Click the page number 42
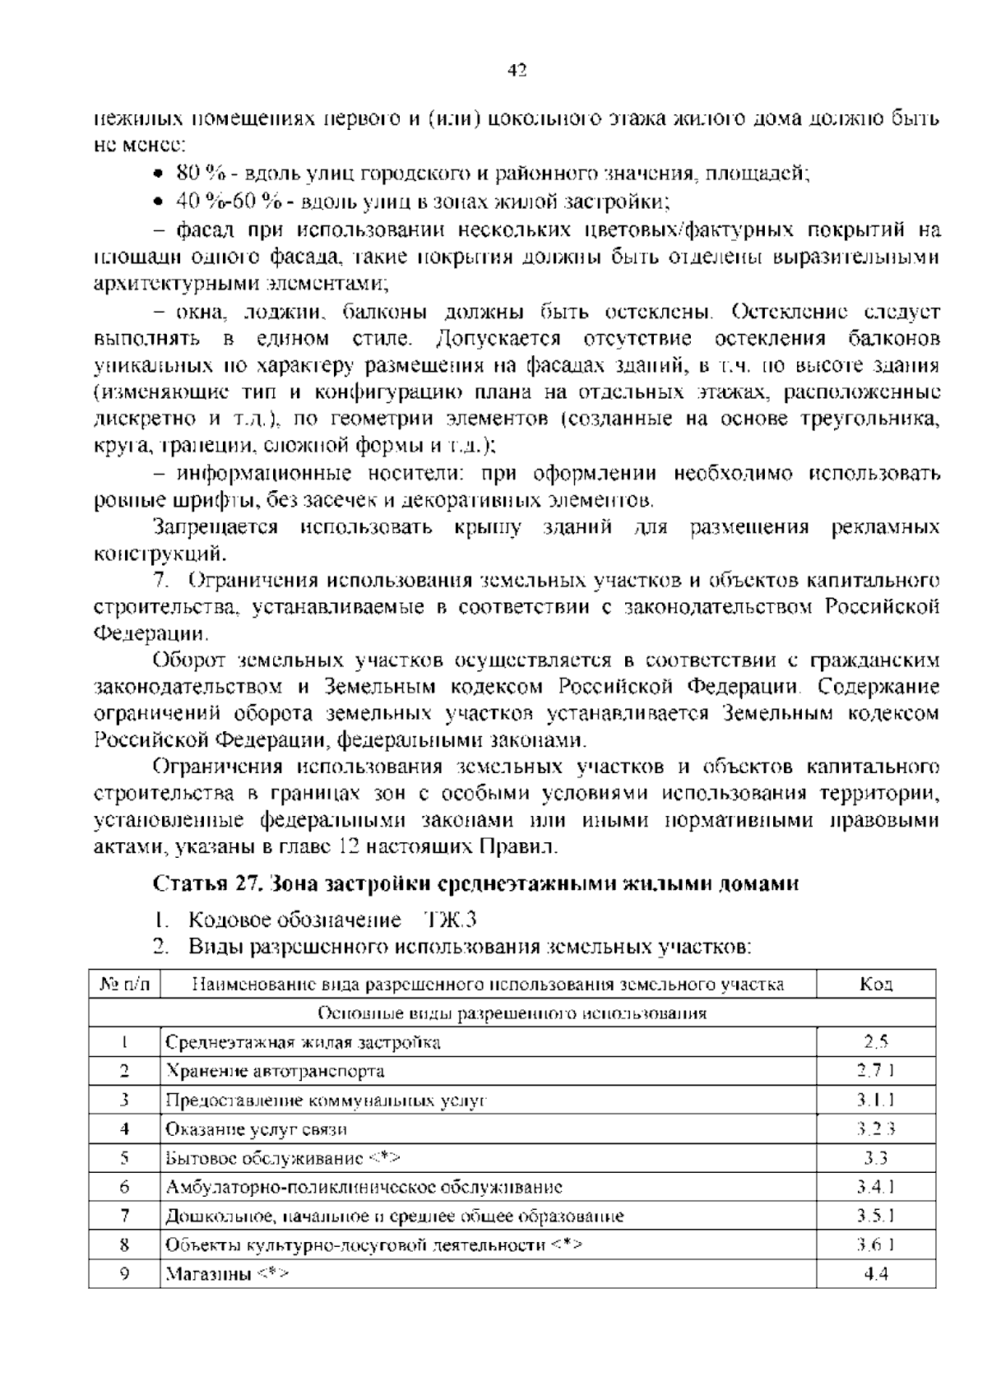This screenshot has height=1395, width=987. [x=517, y=71]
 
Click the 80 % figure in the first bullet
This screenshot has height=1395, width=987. [x=202, y=173]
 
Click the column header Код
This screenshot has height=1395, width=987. [x=876, y=985]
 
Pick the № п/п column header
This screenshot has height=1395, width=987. [x=124, y=985]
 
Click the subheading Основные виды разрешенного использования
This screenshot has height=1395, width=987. [x=512, y=1013]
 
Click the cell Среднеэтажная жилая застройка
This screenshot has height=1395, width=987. [x=304, y=1043]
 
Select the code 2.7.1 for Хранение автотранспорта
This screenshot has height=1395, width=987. [x=876, y=1071]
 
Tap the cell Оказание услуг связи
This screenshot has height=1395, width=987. [x=257, y=1129]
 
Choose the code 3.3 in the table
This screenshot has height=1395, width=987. [x=876, y=1158]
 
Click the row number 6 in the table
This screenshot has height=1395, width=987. [x=124, y=1187]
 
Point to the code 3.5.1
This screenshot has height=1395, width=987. [x=876, y=1216]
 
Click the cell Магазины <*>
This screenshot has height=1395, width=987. [x=227, y=1274]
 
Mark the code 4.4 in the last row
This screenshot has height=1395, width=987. [x=876, y=1274]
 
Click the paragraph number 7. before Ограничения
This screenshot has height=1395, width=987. [x=160, y=581]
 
